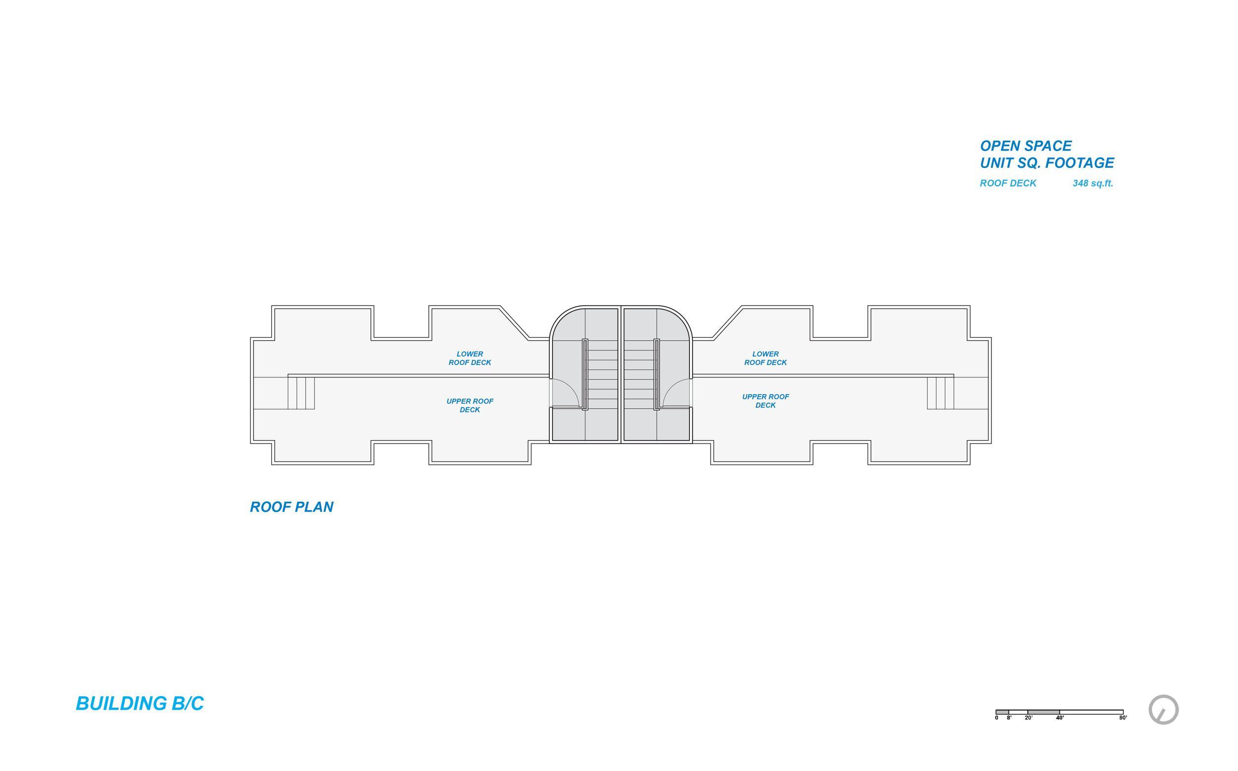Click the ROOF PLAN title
tap(291, 507)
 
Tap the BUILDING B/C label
tap(140, 704)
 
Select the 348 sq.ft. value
tap(1092, 183)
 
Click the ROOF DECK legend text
tap(1008, 183)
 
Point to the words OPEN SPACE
tap(1026, 146)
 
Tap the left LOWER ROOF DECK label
tap(469, 358)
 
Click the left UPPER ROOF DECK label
tap(469, 406)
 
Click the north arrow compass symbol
tap(1163, 709)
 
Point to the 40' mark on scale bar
tap(1060, 718)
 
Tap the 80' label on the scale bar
tap(1123, 718)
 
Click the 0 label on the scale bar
tap(996, 718)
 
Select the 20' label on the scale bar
tap(1029, 718)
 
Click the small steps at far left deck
tap(301, 393)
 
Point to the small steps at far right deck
tap(940, 393)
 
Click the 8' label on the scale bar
tap(1009, 718)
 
